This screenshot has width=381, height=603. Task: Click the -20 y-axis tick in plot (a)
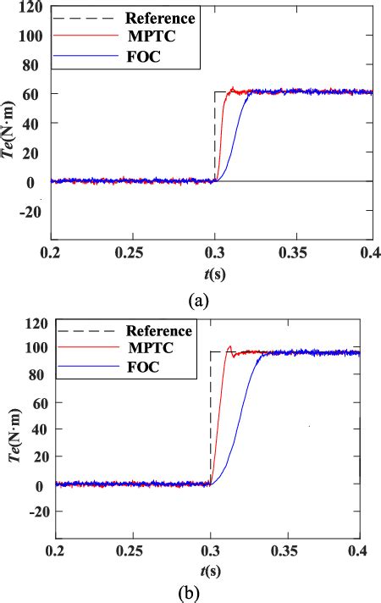[x=31, y=212]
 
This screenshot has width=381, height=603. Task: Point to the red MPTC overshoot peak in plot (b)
[x=229, y=346]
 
